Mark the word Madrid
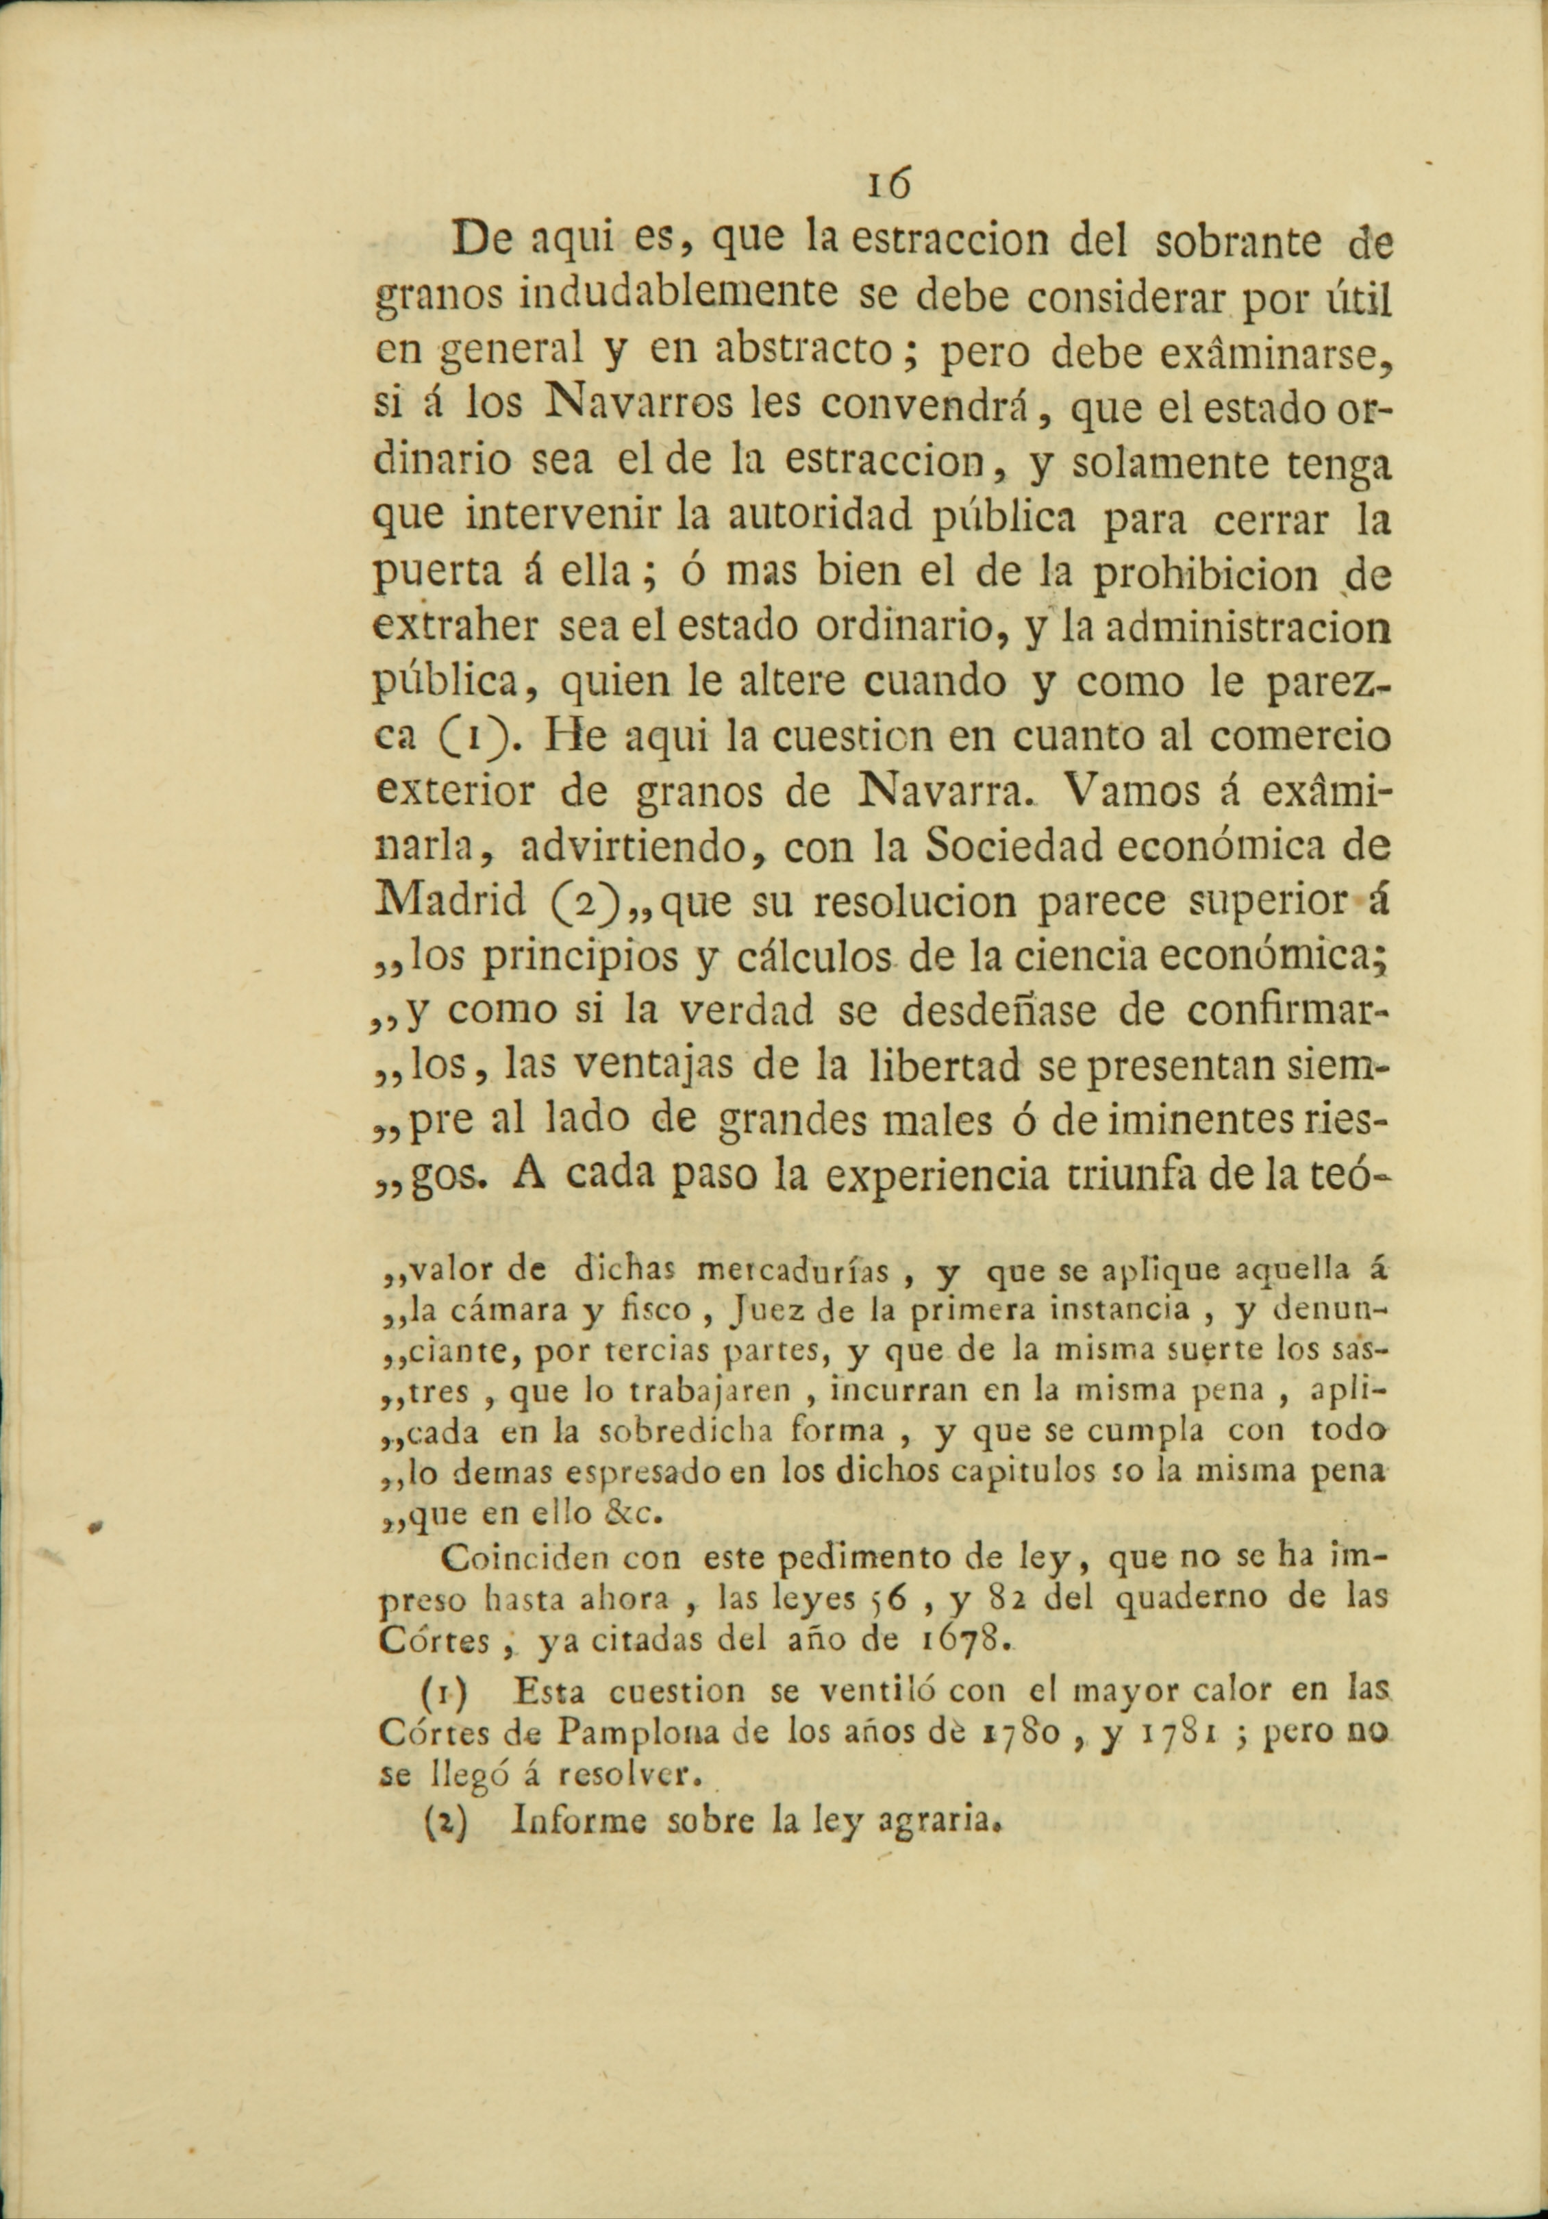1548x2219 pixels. click(449, 901)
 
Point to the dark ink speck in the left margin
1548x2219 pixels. click(94, 1527)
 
